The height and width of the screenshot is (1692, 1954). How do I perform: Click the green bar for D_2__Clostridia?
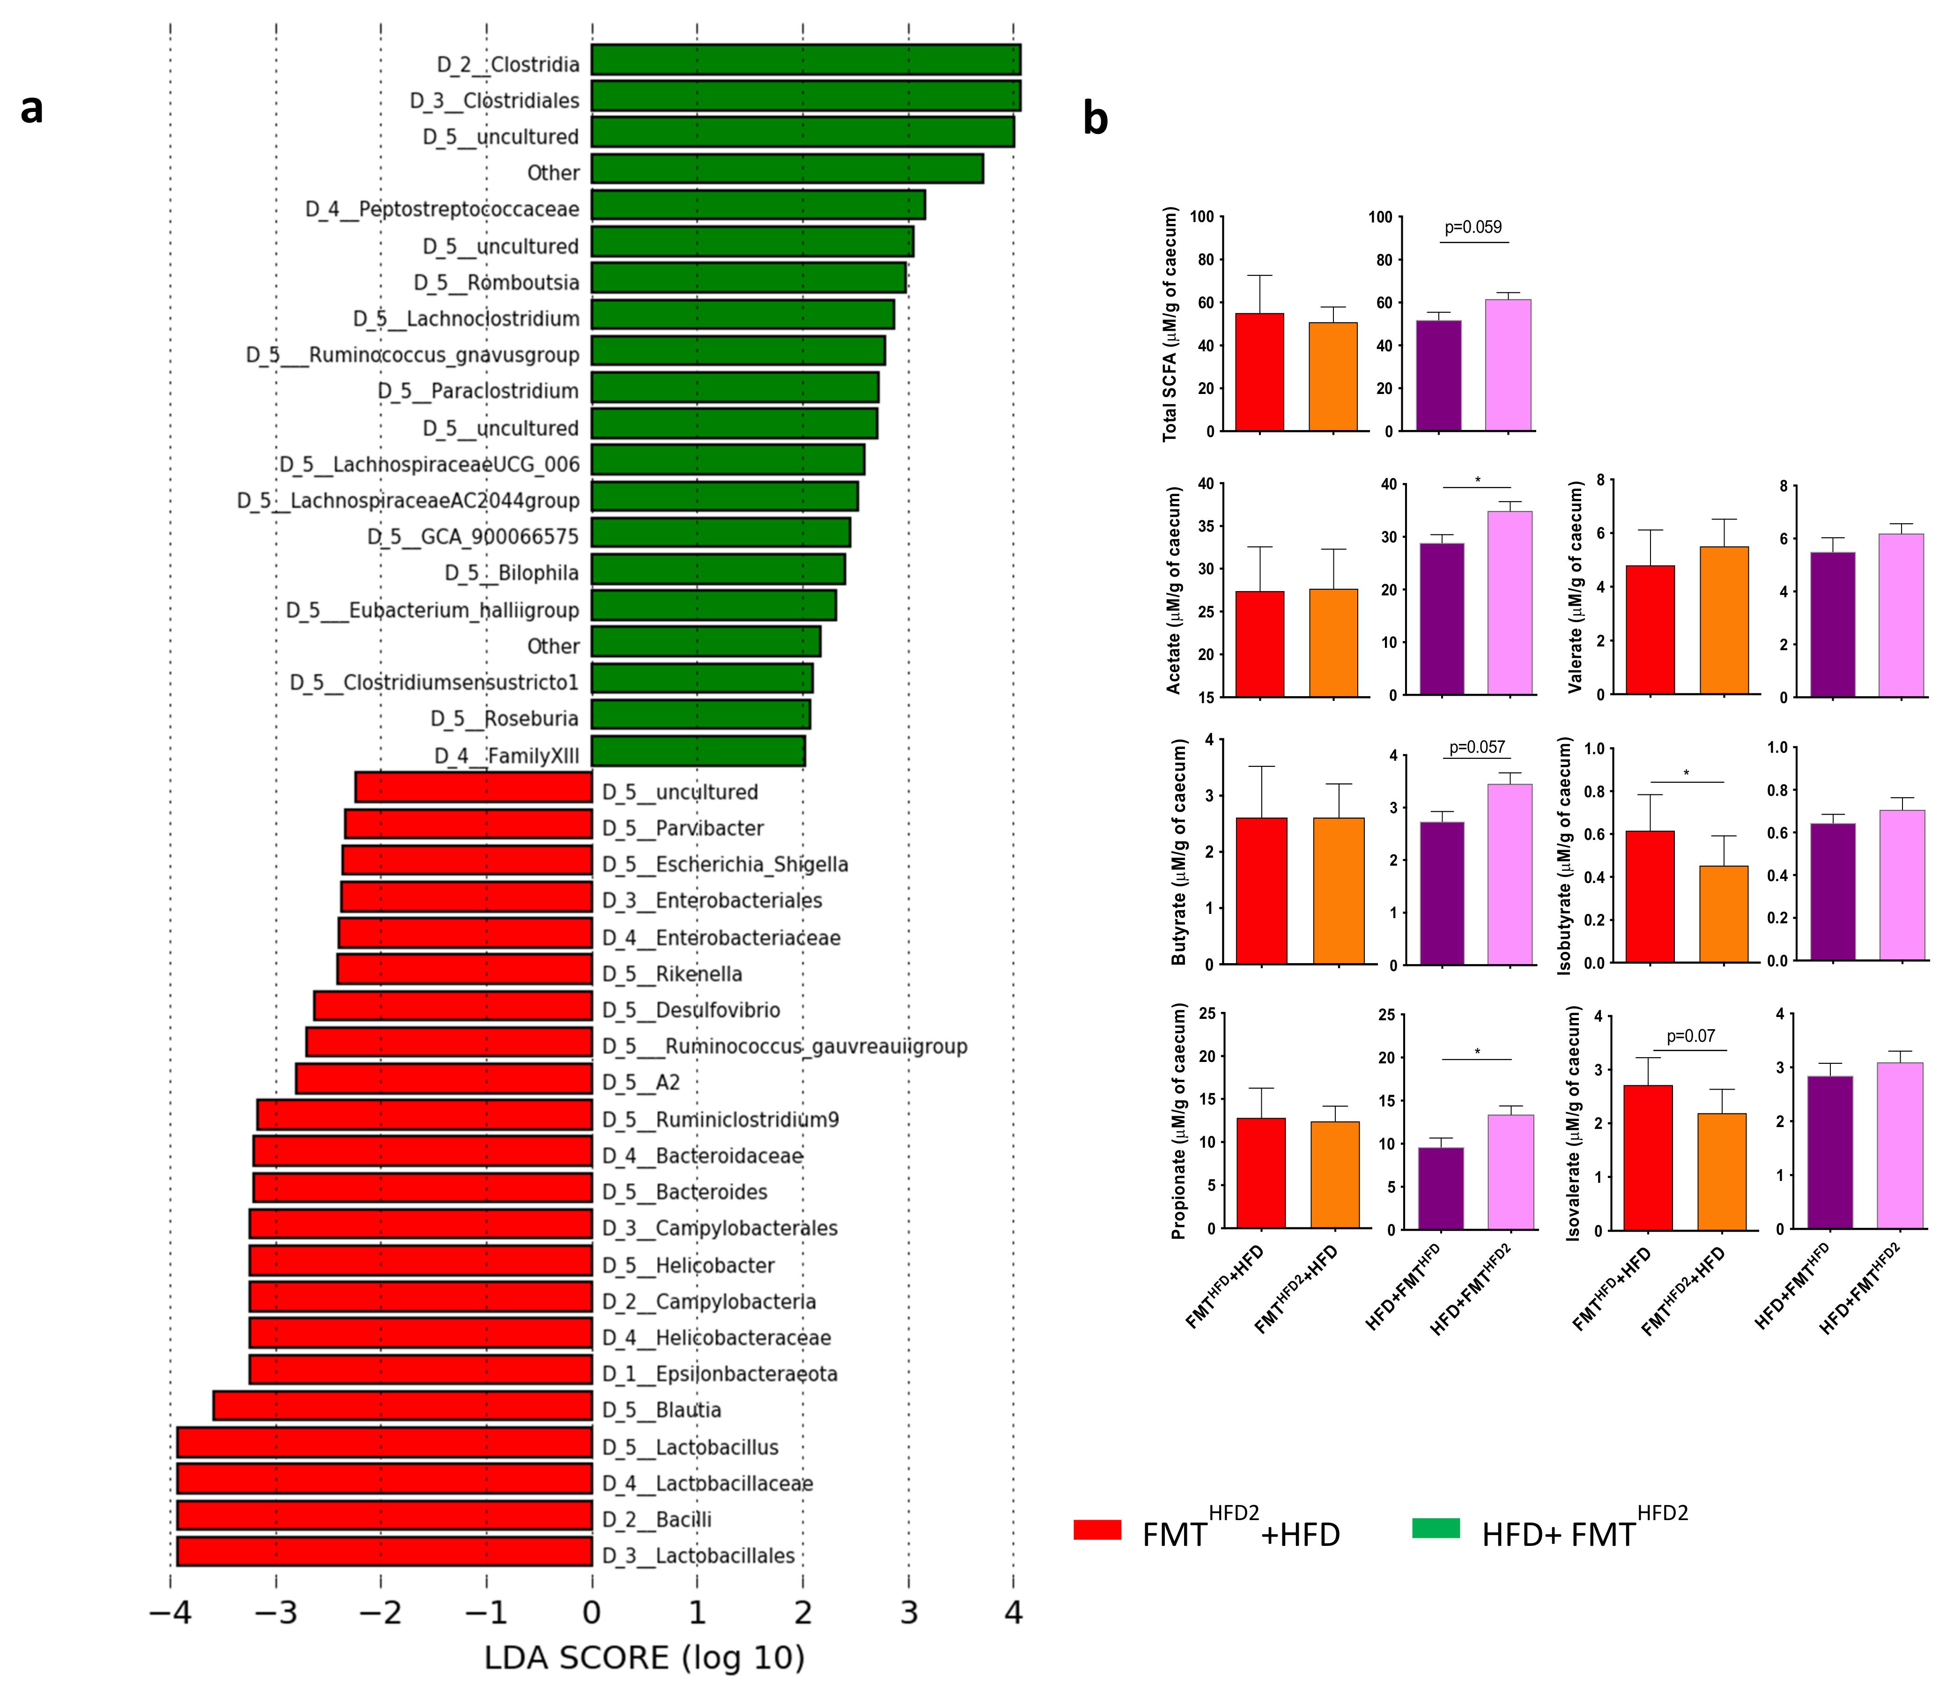pos(805,59)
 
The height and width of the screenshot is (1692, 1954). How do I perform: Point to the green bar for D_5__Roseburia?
pos(700,715)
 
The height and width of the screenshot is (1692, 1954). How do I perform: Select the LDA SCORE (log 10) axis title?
pos(644,1658)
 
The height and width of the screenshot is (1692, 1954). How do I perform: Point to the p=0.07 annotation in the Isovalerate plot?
pos(1691,1036)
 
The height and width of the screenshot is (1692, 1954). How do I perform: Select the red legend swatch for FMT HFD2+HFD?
pos(1097,1529)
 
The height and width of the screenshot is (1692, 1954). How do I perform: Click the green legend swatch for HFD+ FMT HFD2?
pos(1436,1528)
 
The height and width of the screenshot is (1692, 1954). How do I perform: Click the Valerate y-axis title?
pos(1575,587)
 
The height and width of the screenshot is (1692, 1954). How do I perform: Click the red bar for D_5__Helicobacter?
pos(420,1261)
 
